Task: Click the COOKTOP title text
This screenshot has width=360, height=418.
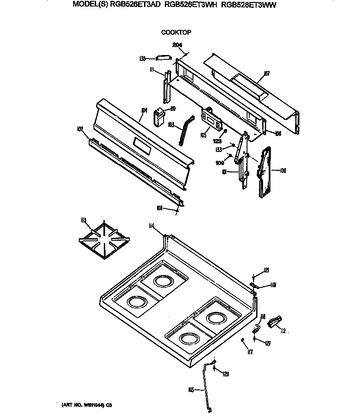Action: (176, 32)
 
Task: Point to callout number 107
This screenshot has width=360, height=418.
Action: (267, 74)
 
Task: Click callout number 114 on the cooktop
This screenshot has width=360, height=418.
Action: (151, 225)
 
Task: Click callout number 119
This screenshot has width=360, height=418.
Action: (273, 285)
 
